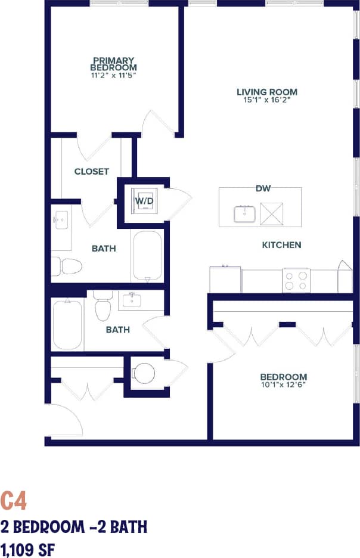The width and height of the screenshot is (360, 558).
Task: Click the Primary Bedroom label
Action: click(x=114, y=64)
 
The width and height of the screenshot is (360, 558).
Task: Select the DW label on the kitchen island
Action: click(x=263, y=189)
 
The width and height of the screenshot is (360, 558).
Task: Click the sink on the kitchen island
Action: click(x=245, y=213)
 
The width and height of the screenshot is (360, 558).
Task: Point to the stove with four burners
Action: click(x=296, y=280)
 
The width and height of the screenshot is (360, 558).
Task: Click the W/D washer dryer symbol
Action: click(x=144, y=201)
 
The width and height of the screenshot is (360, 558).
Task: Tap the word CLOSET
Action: click(x=91, y=172)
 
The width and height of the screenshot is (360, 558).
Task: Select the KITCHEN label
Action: click(x=281, y=245)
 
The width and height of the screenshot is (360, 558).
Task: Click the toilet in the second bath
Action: click(x=103, y=307)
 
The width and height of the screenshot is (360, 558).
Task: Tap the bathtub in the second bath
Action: click(x=67, y=325)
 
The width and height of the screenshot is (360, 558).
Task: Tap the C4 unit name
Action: click(x=14, y=501)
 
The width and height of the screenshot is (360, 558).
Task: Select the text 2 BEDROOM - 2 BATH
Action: click(x=73, y=527)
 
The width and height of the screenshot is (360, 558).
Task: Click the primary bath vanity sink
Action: click(x=60, y=221)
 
